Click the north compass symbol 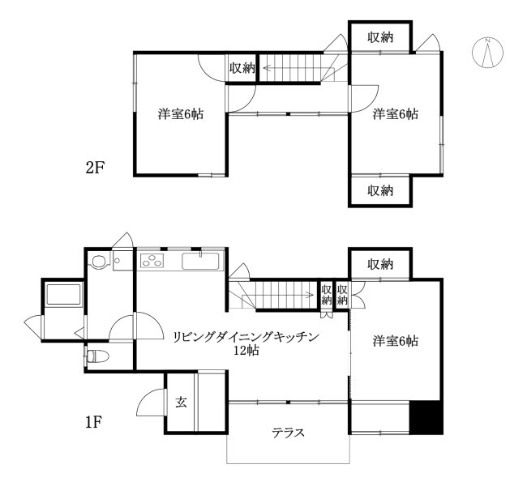coord(487,53)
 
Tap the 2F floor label coord(96,168)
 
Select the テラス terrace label coord(288,432)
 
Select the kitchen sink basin coord(198,261)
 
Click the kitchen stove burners coord(152,260)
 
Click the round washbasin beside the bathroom coord(99,262)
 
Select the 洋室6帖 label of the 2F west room coord(180,115)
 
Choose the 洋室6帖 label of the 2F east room coord(396,115)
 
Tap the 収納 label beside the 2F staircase coord(242,69)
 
